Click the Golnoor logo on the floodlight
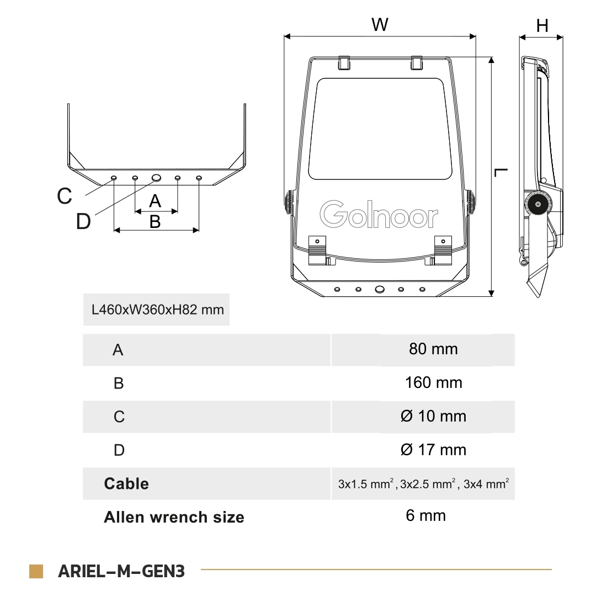(379, 215)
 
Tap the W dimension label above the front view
(380, 25)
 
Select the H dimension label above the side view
(542, 25)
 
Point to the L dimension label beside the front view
(501, 173)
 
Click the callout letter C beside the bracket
(65, 196)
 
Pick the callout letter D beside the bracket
(83, 222)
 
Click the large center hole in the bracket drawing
(157, 178)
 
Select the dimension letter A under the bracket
(155, 201)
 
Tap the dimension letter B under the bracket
(155, 221)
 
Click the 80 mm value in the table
(433, 349)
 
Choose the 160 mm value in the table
(433, 382)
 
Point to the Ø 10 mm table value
(433, 416)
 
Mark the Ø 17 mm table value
(433, 450)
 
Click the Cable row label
(126, 483)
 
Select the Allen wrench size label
(174, 517)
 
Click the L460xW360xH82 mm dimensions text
(157, 309)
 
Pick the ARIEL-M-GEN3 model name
(121, 571)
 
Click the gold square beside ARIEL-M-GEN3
(36, 571)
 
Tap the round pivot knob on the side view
(535, 205)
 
